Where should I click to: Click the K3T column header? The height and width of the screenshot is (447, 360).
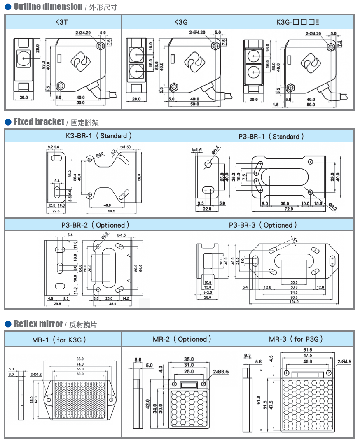(x=63, y=22)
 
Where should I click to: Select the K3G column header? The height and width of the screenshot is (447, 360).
(x=179, y=22)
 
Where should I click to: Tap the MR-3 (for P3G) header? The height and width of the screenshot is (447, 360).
(x=296, y=339)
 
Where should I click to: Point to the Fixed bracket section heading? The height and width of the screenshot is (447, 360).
(x=39, y=122)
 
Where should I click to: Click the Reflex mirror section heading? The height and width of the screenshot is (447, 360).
(x=38, y=324)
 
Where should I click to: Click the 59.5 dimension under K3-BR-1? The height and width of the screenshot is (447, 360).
(x=111, y=211)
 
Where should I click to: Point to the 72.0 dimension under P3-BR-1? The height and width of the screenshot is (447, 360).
(x=288, y=209)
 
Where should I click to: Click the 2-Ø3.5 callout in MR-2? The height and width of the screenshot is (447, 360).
(x=221, y=372)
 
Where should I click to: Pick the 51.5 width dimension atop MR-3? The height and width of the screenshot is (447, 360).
(x=308, y=350)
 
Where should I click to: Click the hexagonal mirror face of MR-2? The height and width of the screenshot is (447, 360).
(x=189, y=407)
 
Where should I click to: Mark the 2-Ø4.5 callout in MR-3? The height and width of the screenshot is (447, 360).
(x=344, y=362)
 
